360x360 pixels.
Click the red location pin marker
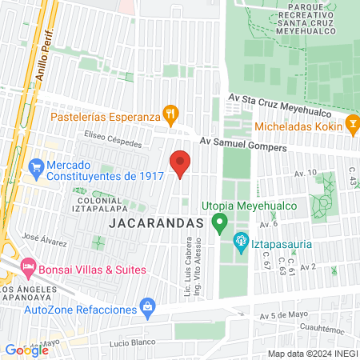tap(181, 163)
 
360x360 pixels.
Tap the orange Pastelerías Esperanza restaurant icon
tap(169, 114)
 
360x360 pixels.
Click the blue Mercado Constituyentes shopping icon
tap(34, 168)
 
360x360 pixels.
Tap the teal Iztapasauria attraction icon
tap(240, 239)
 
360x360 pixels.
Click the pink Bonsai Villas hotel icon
tap(27, 265)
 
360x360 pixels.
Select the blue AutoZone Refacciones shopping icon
tap(146, 306)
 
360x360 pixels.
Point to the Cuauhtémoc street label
tap(317, 327)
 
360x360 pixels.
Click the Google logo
tap(26, 350)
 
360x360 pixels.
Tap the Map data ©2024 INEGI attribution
tap(312, 354)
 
